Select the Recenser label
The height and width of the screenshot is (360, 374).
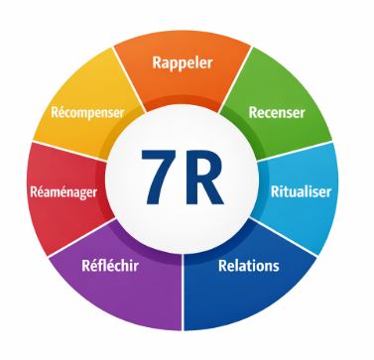click(276, 112)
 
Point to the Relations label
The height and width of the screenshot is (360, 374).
click(248, 266)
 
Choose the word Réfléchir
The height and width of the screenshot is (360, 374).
click(110, 266)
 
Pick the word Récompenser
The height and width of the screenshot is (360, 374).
click(86, 112)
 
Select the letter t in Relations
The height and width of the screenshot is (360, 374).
click(253, 266)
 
